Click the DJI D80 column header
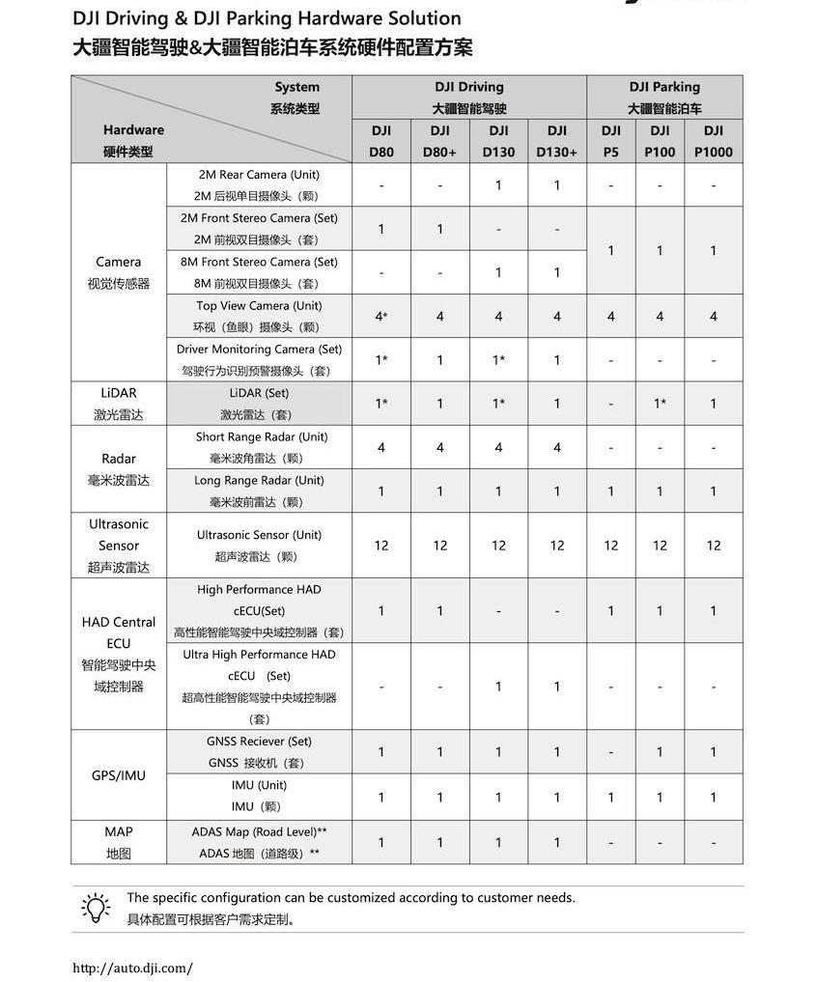pyautogui.click(x=380, y=141)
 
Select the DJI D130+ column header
pyautogui.click(x=557, y=141)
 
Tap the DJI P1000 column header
pyautogui.click(x=714, y=141)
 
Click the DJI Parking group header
pyautogui.click(x=664, y=98)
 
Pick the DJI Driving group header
pyautogui.click(x=469, y=98)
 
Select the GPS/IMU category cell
pyautogui.click(x=119, y=775)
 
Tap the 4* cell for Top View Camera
pyautogui.click(x=381, y=317)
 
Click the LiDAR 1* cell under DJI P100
pyautogui.click(x=660, y=404)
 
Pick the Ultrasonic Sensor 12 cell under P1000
pyautogui.click(x=714, y=546)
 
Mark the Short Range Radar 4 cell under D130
pyautogui.click(x=498, y=447)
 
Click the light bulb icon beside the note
pyautogui.click(x=96, y=908)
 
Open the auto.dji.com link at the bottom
pyautogui.click(x=133, y=968)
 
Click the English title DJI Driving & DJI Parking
pyautogui.click(x=267, y=18)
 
